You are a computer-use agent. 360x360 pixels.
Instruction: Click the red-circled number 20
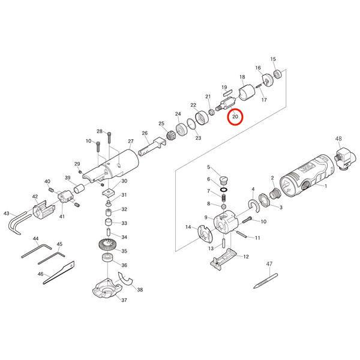pos(235,116)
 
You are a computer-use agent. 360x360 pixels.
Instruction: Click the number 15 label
pos(273,59)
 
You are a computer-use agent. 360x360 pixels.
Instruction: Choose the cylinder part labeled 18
pos(247,94)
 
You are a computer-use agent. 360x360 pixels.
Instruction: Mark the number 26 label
pos(145,133)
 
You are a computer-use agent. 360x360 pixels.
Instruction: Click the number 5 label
pos(209,167)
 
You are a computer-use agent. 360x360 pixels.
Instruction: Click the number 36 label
pos(124,265)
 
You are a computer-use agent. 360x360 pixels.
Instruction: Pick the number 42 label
pos(35,197)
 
